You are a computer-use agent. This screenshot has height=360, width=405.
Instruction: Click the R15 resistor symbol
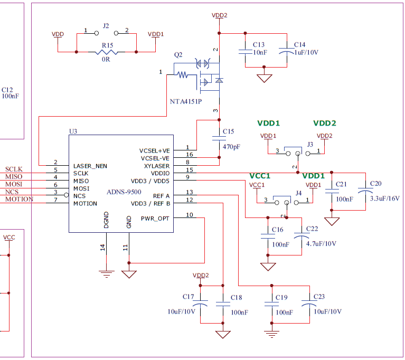click(x=107, y=52)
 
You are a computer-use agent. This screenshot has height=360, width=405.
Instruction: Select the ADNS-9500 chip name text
click(x=124, y=192)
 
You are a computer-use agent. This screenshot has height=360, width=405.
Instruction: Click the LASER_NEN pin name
click(x=90, y=166)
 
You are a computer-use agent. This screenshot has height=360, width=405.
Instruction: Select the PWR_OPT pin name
click(x=155, y=218)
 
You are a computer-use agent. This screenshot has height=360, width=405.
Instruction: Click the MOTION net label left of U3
click(x=19, y=199)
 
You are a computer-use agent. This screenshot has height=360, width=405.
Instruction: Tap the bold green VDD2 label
click(x=324, y=124)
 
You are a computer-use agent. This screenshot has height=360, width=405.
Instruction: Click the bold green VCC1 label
click(x=260, y=176)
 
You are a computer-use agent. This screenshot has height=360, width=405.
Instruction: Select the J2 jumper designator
click(x=106, y=25)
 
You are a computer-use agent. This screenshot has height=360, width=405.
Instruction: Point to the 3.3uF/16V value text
click(x=385, y=198)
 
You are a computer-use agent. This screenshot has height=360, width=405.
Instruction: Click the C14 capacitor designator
click(x=300, y=44)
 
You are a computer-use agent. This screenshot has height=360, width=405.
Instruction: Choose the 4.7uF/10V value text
click(x=321, y=243)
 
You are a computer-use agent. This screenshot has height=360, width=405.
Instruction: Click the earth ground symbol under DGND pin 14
click(x=107, y=273)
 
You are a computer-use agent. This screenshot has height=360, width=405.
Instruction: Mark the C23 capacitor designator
click(x=319, y=297)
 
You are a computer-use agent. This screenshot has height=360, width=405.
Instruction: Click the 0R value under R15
click(x=106, y=60)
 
